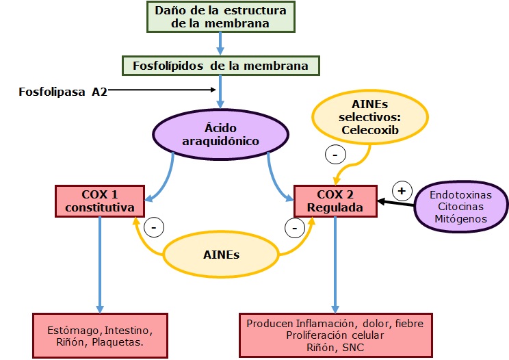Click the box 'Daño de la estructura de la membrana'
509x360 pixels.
click(x=220, y=17)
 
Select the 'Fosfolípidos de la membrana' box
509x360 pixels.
click(x=220, y=66)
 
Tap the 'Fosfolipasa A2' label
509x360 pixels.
click(x=62, y=91)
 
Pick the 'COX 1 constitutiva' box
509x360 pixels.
click(x=101, y=201)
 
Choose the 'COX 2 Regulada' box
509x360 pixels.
click(x=335, y=201)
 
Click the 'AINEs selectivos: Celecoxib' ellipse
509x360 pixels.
click(x=370, y=117)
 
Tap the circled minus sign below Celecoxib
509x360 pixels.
click(x=335, y=155)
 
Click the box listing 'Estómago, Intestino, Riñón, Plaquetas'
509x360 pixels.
click(x=100, y=335)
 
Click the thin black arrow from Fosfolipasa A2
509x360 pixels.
click(x=161, y=90)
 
